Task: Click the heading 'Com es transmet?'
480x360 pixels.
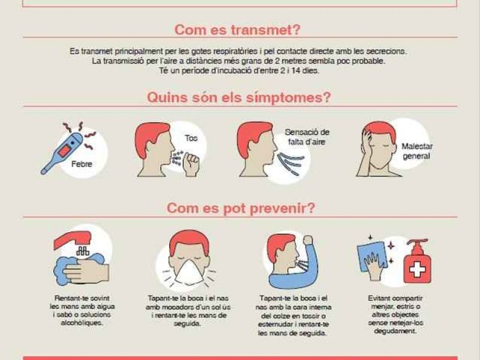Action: [238, 29]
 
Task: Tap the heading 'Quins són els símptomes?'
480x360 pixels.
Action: [239, 98]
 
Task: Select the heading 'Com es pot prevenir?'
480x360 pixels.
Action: [241, 208]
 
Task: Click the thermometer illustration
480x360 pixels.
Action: [63, 153]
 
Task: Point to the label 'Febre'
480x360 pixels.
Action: [82, 164]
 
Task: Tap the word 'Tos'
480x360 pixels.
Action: [191, 138]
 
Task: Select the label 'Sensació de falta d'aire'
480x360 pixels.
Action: [307, 137]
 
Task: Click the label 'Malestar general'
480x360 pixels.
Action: [417, 151]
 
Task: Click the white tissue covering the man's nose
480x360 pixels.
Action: [188, 272]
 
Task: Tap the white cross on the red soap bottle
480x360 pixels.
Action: [418, 269]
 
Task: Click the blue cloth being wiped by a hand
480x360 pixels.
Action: [371, 256]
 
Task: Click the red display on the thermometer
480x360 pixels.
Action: [65, 151]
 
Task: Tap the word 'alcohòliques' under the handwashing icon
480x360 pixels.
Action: [82, 323]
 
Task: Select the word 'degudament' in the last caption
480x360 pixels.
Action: [395, 331]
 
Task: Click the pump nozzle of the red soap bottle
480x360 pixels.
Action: [417, 242]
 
